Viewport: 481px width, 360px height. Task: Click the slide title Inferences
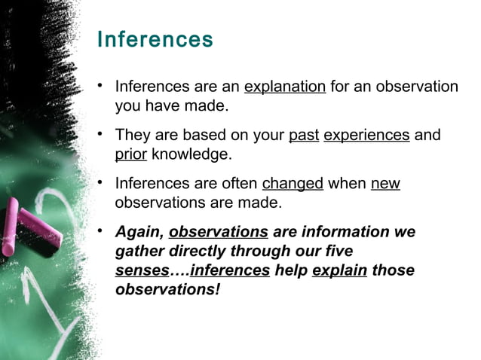155,38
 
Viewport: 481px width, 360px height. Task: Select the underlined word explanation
284,87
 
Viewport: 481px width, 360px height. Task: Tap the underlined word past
304,136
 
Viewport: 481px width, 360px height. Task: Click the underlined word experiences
366,136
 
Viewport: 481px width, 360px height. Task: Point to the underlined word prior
131,155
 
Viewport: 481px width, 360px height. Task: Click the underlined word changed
293,184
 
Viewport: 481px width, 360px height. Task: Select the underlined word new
385,184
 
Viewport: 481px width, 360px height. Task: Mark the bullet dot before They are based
100,135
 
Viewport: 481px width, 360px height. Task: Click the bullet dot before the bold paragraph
100,231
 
